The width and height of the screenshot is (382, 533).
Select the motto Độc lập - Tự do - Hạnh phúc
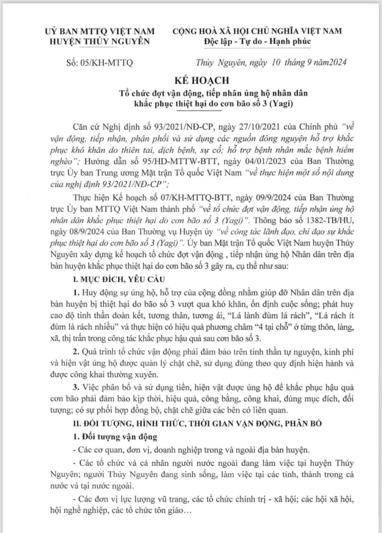coord(261,41)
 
